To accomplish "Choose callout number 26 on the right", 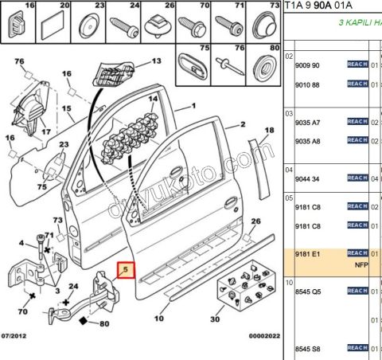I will click(255, 221).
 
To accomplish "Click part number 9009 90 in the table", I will click(308, 65).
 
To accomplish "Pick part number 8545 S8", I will click(308, 349).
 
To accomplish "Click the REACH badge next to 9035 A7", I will click(357, 122).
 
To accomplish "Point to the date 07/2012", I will click(18, 337).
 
